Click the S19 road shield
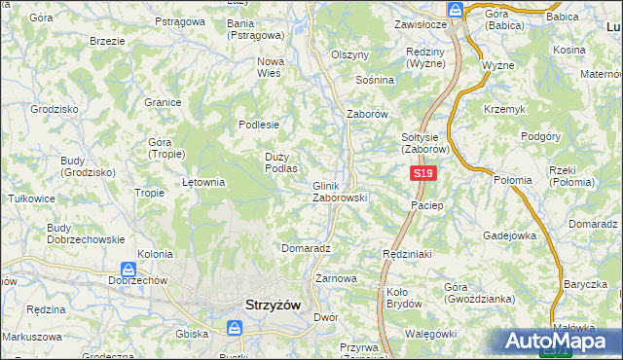[421, 173]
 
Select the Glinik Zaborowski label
[339, 192]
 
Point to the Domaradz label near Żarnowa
[307, 248]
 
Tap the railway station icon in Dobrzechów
[128, 268]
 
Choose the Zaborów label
[368, 114]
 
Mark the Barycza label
[585, 284]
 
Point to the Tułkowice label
[30, 198]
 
